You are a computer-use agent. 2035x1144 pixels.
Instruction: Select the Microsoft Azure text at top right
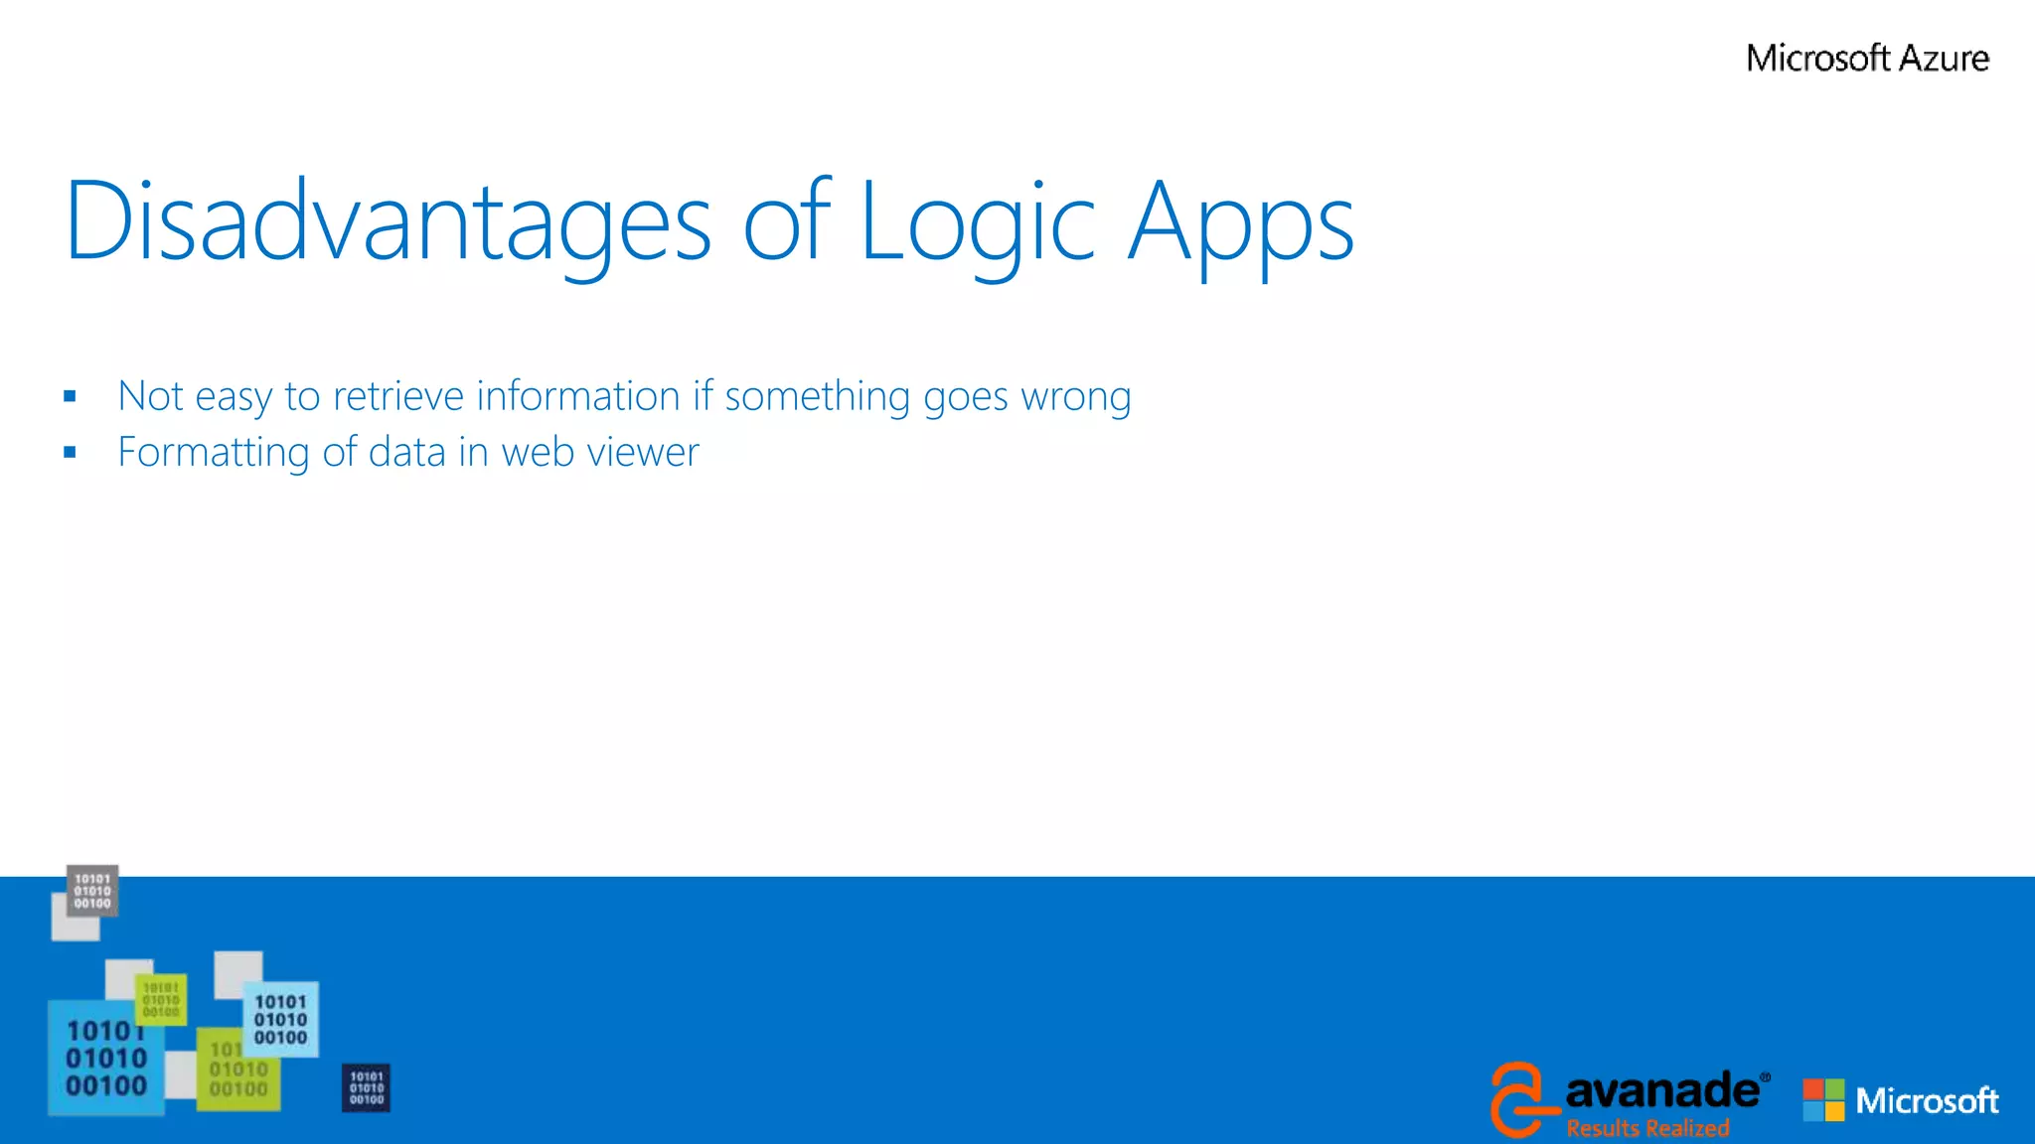[1867, 59]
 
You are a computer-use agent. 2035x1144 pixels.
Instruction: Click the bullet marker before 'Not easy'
[70, 396]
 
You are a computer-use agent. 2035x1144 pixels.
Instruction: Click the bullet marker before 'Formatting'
[70, 453]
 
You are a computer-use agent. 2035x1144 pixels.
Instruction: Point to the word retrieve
[397, 396]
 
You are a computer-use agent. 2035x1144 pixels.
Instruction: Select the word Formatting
[214, 453]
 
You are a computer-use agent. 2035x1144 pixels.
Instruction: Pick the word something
[817, 397]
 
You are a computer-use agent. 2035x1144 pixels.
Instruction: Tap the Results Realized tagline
[1647, 1128]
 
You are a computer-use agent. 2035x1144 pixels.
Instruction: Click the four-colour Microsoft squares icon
[1823, 1100]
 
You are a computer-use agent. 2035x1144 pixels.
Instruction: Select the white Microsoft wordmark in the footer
[1927, 1100]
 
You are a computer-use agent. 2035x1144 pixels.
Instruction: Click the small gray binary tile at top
[92, 891]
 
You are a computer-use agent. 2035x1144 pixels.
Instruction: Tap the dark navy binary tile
[366, 1087]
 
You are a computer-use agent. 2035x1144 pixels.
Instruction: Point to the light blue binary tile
[281, 1020]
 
